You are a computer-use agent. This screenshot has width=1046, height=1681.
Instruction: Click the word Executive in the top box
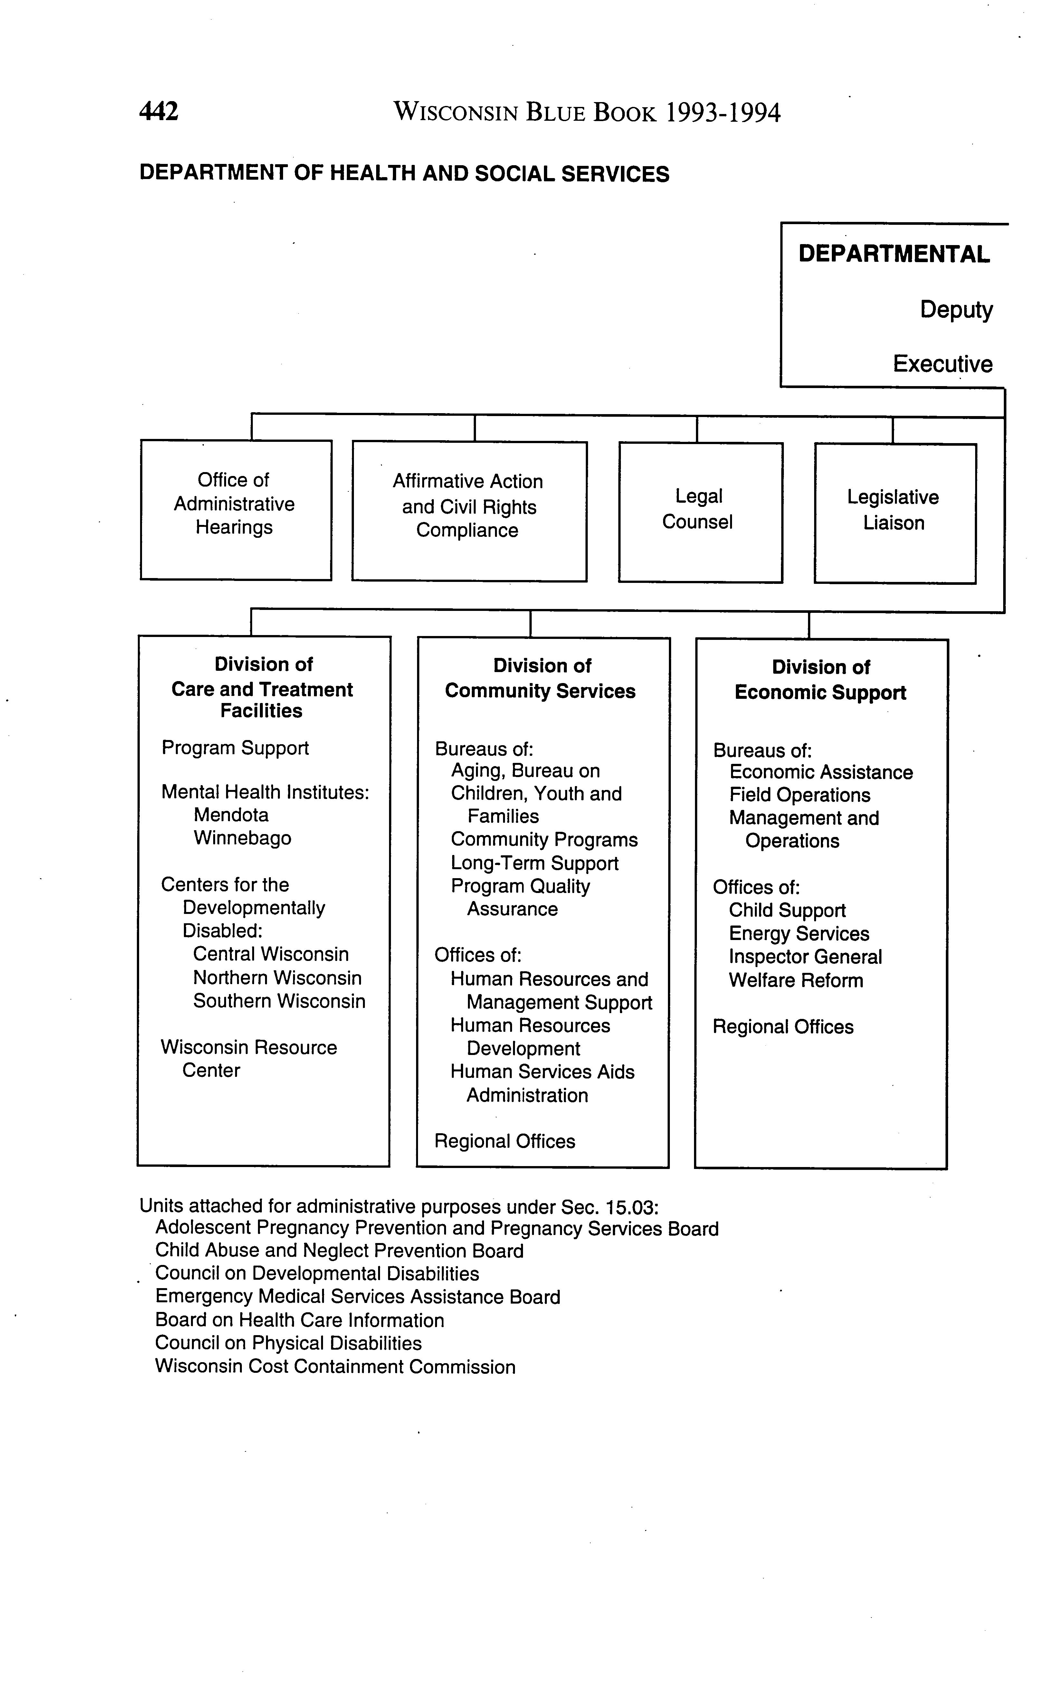942,364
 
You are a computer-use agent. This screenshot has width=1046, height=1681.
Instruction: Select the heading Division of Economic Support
821,680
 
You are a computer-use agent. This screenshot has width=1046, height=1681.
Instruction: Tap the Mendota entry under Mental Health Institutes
231,815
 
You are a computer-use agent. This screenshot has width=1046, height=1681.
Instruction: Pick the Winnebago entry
242,839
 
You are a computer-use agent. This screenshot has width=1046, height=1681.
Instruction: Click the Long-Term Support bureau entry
534,863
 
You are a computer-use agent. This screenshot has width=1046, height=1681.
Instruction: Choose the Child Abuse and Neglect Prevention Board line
339,1251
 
